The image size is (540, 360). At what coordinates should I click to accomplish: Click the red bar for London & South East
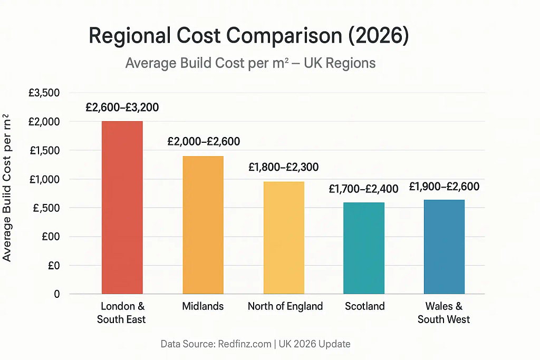pos(122,207)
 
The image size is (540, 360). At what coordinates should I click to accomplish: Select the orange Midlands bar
pos(203,225)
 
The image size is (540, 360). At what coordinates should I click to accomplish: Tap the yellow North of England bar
pos(284,237)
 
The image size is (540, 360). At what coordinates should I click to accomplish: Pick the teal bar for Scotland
pos(364,248)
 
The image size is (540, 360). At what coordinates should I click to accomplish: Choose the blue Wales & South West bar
pos(444,246)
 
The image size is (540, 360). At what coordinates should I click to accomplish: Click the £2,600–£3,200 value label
pos(122,108)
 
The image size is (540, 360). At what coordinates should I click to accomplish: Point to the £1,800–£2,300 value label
pos(283,168)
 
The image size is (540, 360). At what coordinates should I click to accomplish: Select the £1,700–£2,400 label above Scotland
pos(364,188)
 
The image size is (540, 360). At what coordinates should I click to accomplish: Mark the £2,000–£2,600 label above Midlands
pos(204,141)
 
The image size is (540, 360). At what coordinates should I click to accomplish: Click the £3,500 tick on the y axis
pos(44,93)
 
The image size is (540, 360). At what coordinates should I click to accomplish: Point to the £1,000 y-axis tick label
pos(44,180)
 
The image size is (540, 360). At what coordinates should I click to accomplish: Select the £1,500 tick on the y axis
pos(44,151)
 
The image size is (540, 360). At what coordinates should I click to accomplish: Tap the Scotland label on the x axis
pos(364,306)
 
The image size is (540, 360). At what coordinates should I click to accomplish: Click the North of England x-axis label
pos(285,306)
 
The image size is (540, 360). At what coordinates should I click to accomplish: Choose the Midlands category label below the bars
pos(202,306)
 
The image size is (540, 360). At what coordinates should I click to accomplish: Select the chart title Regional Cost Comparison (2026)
pos(248,36)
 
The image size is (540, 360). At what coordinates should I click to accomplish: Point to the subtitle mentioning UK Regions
pos(250,63)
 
